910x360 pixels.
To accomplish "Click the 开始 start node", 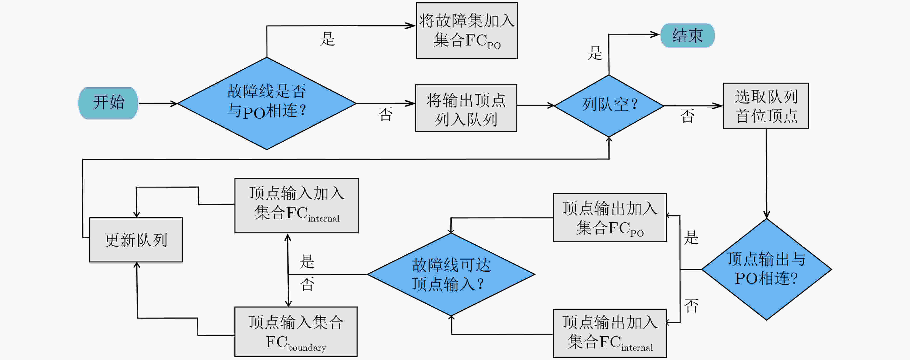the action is (x=108, y=103).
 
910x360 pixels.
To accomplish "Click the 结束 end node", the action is (x=688, y=35).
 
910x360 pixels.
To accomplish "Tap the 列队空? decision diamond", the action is (x=609, y=106).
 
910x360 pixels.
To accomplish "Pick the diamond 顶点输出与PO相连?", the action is (x=767, y=269).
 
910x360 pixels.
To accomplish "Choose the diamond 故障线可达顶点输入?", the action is (x=451, y=274).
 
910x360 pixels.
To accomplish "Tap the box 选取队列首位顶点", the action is (x=766, y=106).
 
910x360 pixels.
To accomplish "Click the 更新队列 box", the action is (x=136, y=240).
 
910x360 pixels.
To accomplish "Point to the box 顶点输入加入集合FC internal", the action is (x=297, y=206).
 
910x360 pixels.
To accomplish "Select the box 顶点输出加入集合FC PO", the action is (x=610, y=217).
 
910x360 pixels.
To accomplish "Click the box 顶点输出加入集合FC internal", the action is (x=610, y=333).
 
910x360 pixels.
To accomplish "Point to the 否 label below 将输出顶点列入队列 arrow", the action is (x=385, y=114).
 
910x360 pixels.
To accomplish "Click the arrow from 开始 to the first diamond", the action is (x=158, y=104).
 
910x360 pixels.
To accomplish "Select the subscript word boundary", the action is (x=307, y=348).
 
